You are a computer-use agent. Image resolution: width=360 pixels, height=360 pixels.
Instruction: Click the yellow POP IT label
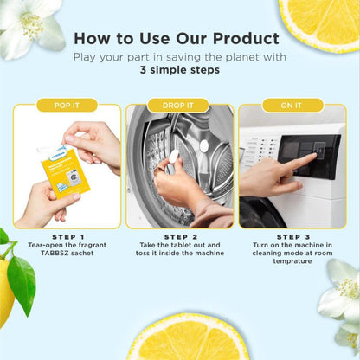67,105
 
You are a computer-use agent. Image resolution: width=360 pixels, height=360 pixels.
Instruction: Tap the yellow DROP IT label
179,105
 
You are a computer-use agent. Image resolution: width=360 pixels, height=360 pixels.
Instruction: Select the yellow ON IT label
292,105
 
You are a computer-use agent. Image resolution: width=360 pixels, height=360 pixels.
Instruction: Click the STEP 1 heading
67,235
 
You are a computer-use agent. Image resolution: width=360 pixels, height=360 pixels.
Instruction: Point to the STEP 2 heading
179,235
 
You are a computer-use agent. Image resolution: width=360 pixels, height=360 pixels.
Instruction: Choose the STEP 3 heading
292,235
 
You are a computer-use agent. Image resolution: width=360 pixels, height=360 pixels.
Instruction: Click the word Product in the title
247,39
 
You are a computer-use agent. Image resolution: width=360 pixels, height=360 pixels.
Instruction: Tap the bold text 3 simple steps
179,73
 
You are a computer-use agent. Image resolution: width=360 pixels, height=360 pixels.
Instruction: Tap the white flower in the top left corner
30,26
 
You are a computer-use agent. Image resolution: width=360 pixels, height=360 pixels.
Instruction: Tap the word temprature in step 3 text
292,262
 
